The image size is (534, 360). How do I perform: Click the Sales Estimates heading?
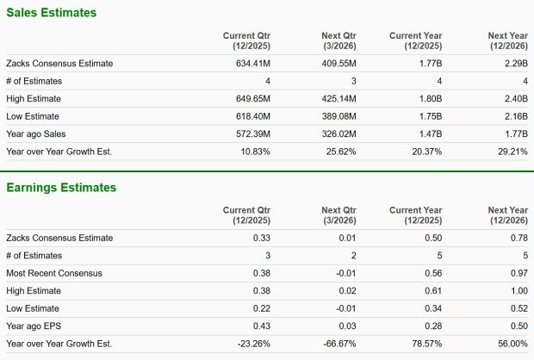[x=52, y=13]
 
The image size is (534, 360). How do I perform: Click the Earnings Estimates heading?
[x=61, y=187]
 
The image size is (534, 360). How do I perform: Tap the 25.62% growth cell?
[x=339, y=151]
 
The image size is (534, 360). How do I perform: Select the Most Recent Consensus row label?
[x=53, y=273]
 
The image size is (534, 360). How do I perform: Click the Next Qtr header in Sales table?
[x=338, y=40]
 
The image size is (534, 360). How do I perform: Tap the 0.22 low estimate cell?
[x=262, y=308]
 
